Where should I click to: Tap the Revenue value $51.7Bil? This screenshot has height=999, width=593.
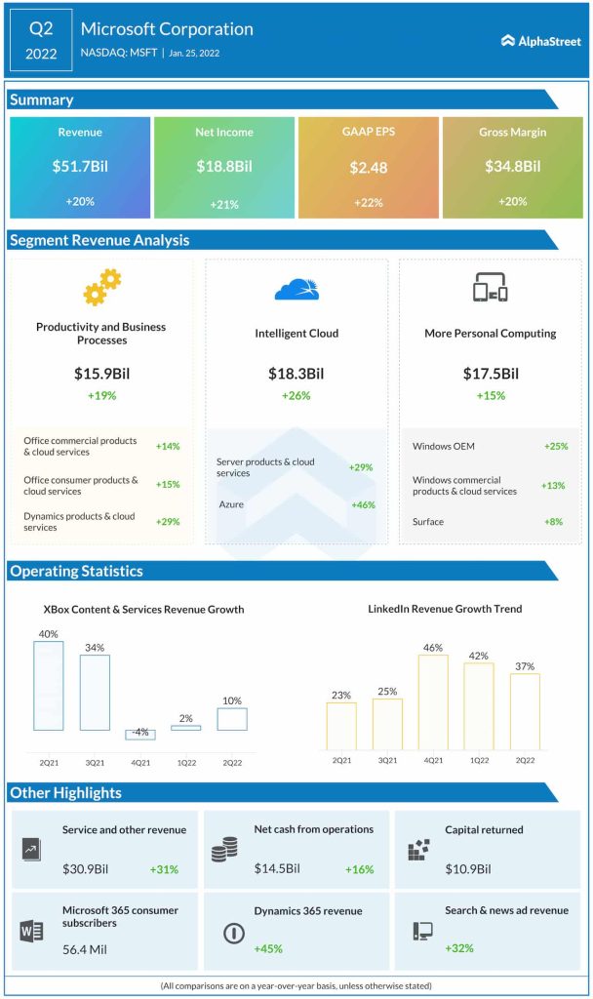click(x=80, y=167)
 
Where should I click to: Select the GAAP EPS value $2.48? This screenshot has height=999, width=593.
click(x=369, y=167)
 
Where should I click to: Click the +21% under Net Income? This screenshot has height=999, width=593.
click(x=224, y=204)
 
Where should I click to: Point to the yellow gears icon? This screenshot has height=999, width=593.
click(x=101, y=288)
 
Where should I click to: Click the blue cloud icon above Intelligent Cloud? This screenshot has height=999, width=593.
click(x=296, y=289)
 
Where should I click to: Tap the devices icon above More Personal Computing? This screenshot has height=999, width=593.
click(x=491, y=288)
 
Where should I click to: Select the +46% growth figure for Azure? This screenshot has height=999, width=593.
click(x=363, y=504)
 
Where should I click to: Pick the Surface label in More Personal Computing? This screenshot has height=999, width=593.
click(x=428, y=522)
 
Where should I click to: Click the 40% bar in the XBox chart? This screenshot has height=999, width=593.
click(x=49, y=686)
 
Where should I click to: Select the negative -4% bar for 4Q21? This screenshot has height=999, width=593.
click(x=139, y=735)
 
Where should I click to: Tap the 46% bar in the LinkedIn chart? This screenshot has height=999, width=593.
click(x=433, y=701)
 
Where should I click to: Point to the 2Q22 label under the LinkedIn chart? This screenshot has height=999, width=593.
click(x=524, y=759)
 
